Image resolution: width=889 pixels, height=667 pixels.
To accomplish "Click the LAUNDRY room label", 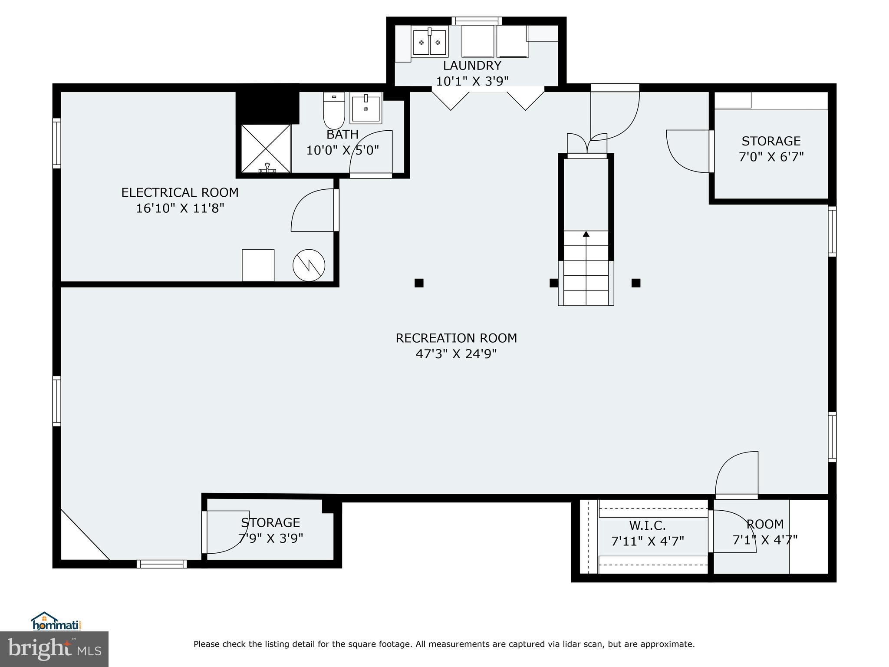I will [472, 66].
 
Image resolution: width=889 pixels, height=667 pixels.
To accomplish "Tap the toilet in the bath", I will [334, 111].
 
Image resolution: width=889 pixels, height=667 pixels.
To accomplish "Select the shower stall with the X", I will [265, 149].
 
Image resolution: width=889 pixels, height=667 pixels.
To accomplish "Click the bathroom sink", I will [366, 109].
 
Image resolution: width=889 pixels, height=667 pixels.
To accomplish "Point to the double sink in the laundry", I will [429, 43].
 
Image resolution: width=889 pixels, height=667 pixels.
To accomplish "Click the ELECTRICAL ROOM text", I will [180, 192].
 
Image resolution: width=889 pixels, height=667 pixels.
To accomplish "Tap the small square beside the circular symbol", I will [258, 265].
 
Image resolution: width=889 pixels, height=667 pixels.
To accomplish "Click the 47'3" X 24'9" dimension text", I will [456, 354].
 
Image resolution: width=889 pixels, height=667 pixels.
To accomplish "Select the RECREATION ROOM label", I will [456, 338].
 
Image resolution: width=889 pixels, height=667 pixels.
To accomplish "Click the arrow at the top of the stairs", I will [586, 234].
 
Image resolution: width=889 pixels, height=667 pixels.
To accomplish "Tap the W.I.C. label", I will [647, 525].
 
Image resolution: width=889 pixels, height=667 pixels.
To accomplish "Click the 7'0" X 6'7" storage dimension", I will [771, 157].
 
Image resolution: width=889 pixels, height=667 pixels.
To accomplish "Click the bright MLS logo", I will [54, 649].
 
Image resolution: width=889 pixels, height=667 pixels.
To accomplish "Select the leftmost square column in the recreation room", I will [419, 283].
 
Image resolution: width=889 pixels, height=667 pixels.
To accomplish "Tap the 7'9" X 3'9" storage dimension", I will [270, 538].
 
